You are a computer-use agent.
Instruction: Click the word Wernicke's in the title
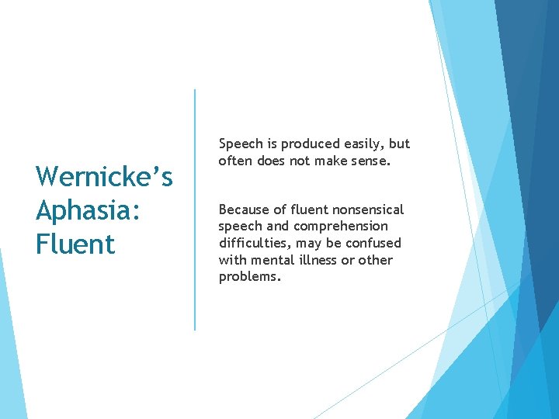pos(104,177)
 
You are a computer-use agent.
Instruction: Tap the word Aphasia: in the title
pos(86,210)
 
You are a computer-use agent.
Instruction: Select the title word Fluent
pos(75,244)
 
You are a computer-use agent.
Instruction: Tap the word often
pos(235,161)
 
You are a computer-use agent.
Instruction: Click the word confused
pos(374,243)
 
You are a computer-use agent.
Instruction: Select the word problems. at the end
pos(249,277)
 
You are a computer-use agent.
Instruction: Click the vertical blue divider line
pos(195,209)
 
